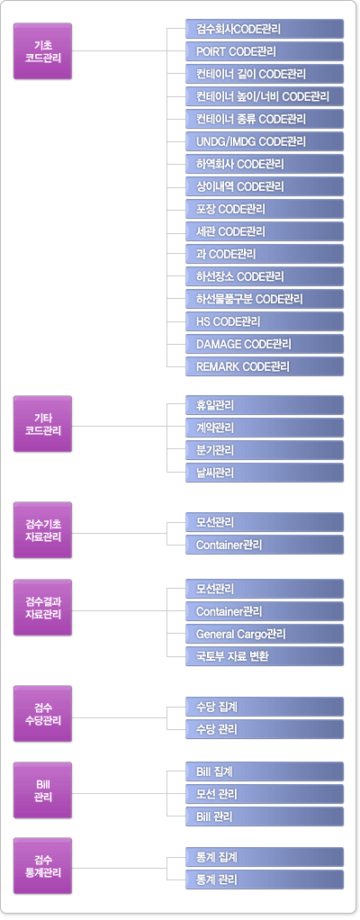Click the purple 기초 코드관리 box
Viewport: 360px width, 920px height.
click(x=43, y=51)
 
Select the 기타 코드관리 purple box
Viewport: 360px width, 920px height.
click(x=43, y=424)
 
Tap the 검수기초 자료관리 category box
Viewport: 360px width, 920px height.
click(x=43, y=530)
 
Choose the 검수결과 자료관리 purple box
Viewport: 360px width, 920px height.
click(x=43, y=608)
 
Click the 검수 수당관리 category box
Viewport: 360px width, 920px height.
click(x=43, y=714)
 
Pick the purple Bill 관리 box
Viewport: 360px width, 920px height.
click(x=43, y=789)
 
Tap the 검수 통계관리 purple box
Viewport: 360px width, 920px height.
click(x=43, y=865)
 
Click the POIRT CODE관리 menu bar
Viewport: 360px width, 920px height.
click(x=265, y=51)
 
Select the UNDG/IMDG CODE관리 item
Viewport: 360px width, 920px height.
click(x=265, y=140)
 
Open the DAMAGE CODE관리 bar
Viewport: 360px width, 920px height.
click(x=265, y=343)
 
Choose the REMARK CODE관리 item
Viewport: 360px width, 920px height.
click(x=265, y=366)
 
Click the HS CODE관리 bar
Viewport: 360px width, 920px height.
click(x=265, y=321)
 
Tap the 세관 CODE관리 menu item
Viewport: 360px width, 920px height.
click(x=265, y=231)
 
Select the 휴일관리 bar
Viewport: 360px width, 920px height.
click(x=265, y=405)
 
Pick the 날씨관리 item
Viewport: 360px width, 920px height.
click(x=265, y=473)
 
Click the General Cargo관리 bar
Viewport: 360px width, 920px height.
click(x=265, y=634)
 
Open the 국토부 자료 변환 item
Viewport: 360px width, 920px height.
click(x=265, y=656)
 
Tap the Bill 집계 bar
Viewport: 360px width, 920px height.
click(x=265, y=771)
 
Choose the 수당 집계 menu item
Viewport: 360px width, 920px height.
click(x=265, y=707)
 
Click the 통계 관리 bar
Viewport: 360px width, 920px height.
click(x=265, y=879)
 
